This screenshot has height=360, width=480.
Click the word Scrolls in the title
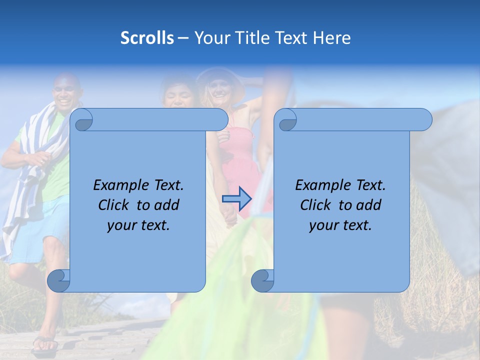tap(147, 38)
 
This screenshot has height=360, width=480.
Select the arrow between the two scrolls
tap(236, 199)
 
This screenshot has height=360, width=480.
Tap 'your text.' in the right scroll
tap(340, 225)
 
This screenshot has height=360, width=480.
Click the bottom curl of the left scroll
tap(59, 280)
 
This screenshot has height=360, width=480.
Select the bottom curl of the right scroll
tap(262, 280)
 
